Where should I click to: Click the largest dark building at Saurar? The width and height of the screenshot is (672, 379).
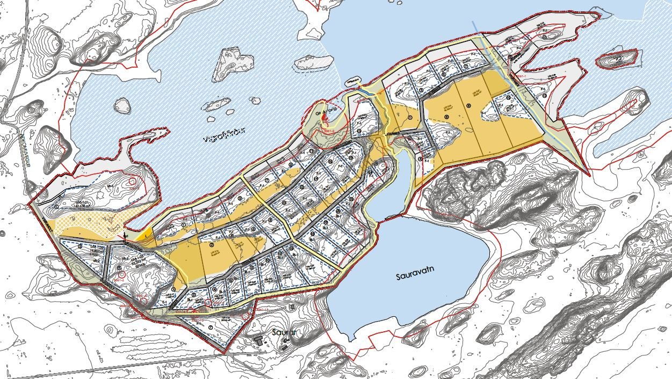pyautogui.click(x=259, y=340)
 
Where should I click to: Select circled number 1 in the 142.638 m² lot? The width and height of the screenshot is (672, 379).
pyautogui.click(x=56, y=206)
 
